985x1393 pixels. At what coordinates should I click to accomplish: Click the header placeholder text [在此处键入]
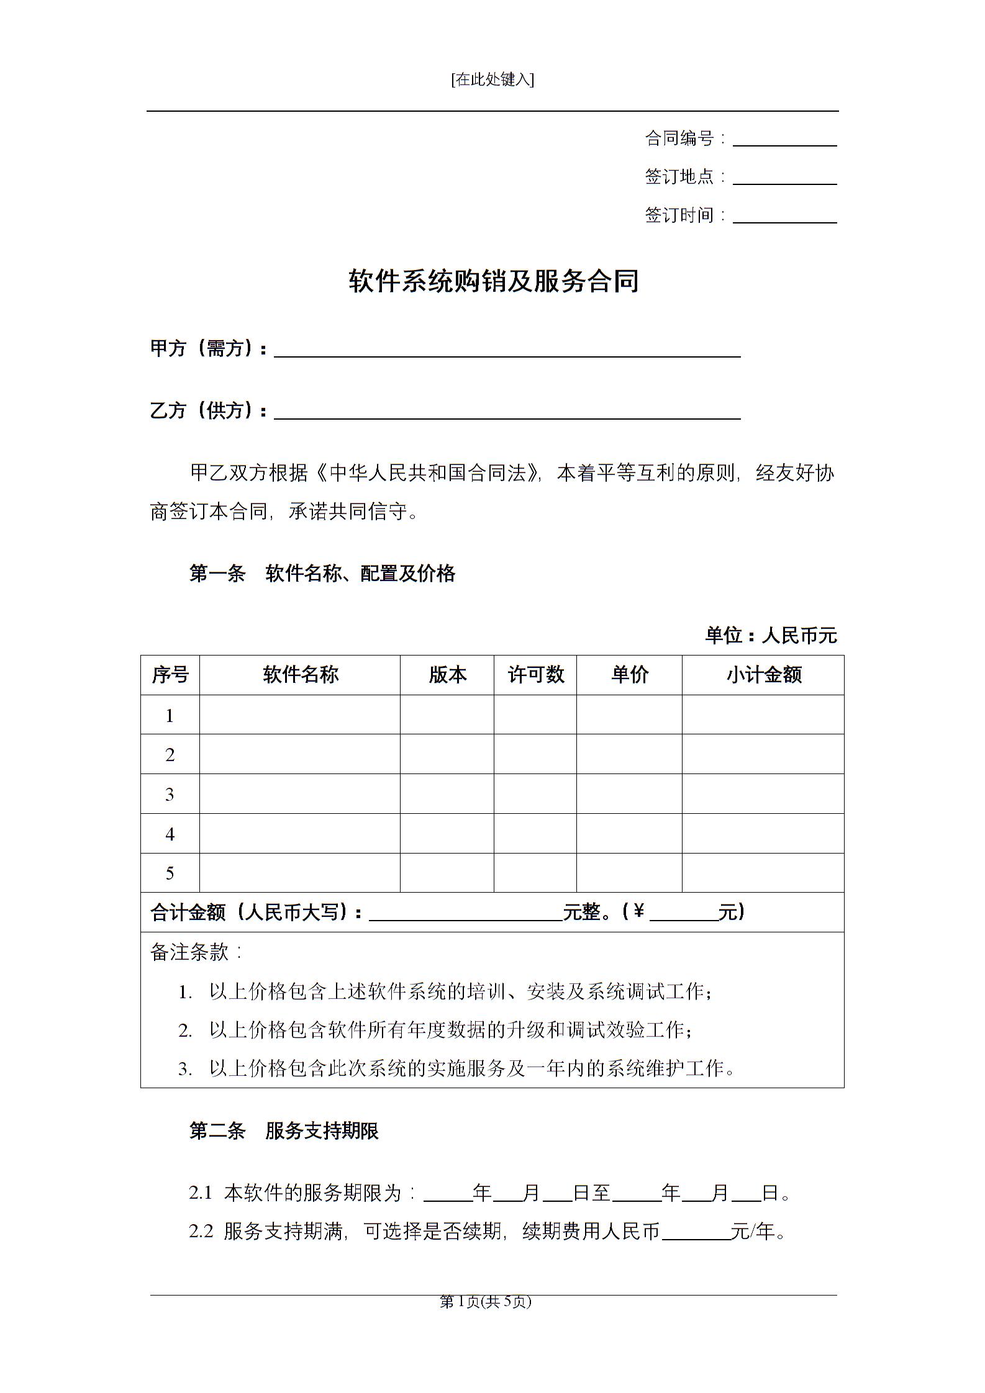(492, 80)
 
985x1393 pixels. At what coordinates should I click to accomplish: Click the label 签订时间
(679, 215)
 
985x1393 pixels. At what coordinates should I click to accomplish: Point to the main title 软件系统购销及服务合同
(493, 281)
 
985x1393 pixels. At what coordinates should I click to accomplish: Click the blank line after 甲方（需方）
(507, 351)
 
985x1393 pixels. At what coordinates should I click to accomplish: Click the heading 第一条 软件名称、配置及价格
(322, 573)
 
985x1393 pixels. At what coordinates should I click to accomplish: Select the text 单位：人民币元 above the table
(771, 635)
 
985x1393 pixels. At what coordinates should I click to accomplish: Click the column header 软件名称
(300, 675)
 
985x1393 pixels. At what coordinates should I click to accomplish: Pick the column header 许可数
(535, 675)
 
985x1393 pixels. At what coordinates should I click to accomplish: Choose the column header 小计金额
(763, 675)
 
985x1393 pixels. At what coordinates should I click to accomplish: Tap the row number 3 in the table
(170, 794)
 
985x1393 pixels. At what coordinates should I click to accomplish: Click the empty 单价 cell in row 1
(629, 715)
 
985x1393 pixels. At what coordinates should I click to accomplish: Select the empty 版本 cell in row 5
(447, 873)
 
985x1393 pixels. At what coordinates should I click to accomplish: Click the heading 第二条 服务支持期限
(284, 1131)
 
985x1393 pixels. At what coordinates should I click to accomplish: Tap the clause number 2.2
(201, 1232)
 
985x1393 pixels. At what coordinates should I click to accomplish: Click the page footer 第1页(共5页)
(486, 1302)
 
